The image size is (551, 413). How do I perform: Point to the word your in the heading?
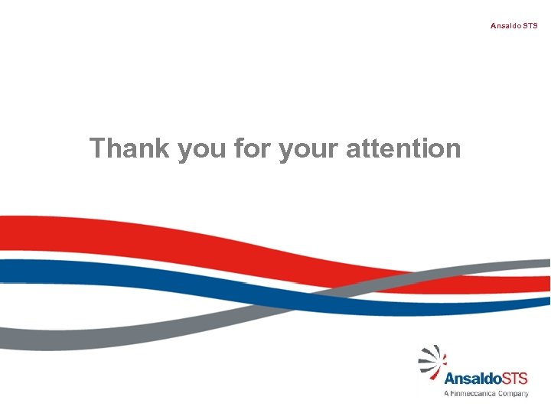(x=309, y=150)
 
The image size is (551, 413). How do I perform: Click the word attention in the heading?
(x=403, y=148)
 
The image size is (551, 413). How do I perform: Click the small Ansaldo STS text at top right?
(x=514, y=26)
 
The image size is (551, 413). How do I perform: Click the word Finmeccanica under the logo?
(x=474, y=393)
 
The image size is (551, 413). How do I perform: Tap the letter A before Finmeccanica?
(x=446, y=393)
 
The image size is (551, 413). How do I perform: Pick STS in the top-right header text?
(x=530, y=26)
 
